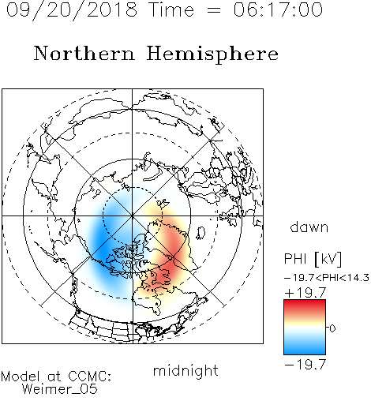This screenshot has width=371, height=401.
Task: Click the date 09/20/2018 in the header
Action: point(72,10)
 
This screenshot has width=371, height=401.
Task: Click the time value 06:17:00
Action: point(278,9)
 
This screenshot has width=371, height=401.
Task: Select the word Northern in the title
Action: point(84,54)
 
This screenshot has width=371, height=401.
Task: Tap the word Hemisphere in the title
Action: point(212,54)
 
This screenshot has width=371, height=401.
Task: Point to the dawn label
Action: point(309,227)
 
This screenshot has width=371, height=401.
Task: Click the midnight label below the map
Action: point(185,371)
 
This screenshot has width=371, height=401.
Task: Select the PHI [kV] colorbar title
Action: point(313,259)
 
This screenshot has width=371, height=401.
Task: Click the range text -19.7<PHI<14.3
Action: point(327,278)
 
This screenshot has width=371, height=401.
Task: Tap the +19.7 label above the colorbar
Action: point(305,293)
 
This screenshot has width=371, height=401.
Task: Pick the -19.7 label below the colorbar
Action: point(305,365)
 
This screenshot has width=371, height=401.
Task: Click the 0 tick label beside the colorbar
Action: point(332,328)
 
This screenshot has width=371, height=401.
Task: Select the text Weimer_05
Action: point(60,389)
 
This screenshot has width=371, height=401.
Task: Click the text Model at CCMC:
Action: point(56,377)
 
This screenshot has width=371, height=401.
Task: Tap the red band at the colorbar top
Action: point(305,305)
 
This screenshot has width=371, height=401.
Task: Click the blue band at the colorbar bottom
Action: point(305,349)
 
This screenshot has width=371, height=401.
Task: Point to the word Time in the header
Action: point(171,9)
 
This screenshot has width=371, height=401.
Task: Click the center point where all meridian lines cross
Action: point(133,215)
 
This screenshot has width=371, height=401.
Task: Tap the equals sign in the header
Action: point(213,10)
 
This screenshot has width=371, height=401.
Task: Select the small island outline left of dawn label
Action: point(201,232)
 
